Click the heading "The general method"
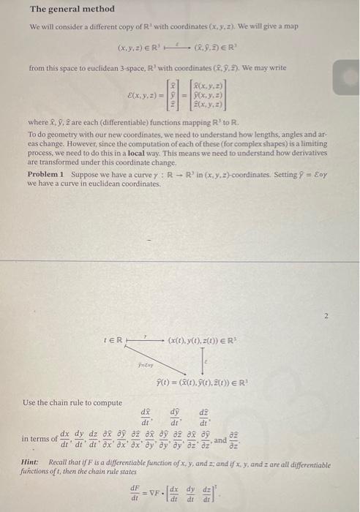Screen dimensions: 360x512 72,9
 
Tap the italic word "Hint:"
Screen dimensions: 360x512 34,464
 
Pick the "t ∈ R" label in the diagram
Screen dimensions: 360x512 113,340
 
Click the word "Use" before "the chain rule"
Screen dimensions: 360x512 31,402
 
